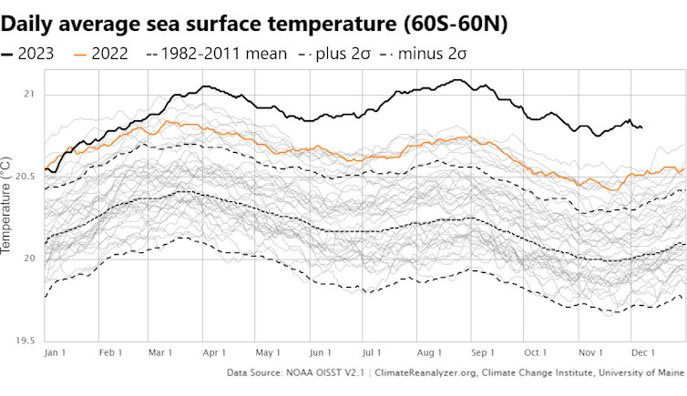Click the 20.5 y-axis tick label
point(26,176)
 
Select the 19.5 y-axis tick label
point(26,340)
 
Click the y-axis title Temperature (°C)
point(7,204)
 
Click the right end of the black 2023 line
point(641,127)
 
